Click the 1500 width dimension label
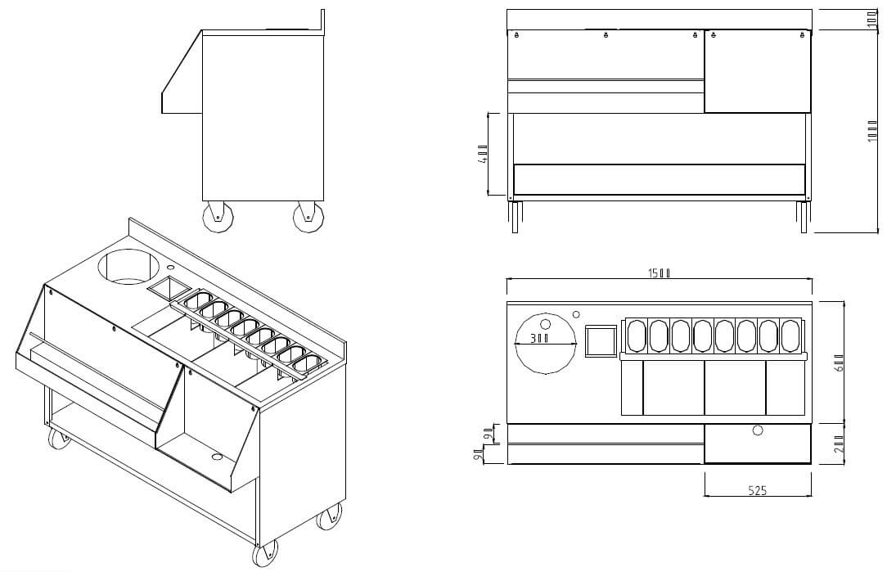[x=660, y=273]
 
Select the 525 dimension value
[x=757, y=490]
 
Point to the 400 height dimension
[x=483, y=155]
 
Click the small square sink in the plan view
[x=601, y=341]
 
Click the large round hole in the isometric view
[x=128, y=266]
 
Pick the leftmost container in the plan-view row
[x=636, y=335]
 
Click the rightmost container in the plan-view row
[x=790, y=335]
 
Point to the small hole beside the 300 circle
[x=576, y=314]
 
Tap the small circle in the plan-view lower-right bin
[x=757, y=430]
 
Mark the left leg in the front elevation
[x=515, y=217]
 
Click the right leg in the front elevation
[x=803, y=217]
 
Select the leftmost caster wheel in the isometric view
[x=59, y=440]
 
